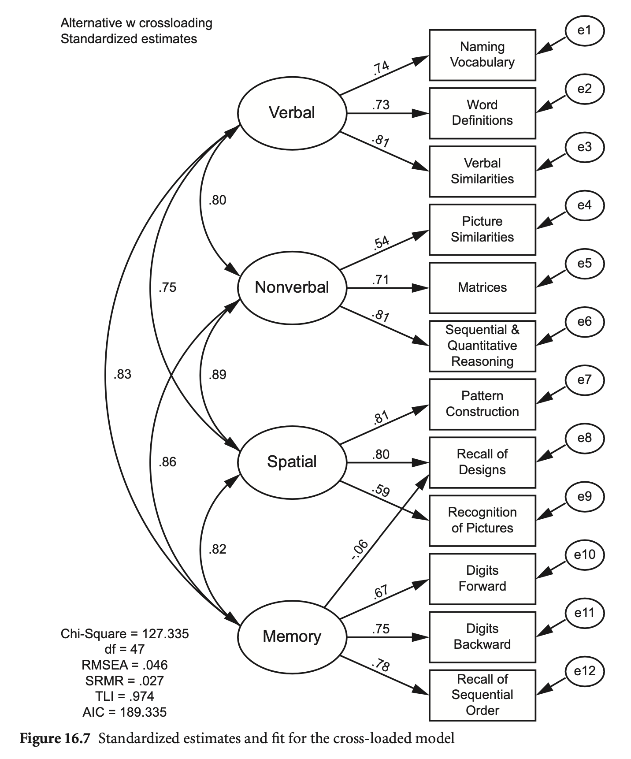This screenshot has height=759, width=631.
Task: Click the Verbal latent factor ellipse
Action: (x=292, y=113)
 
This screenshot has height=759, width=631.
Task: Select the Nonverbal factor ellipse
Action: (x=292, y=287)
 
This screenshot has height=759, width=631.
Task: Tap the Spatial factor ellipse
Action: (x=292, y=462)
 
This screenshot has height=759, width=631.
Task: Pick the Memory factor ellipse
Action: (x=292, y=636)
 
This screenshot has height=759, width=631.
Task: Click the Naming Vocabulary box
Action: (x=482, y=55)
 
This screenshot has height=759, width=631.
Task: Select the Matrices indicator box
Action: (x=482, y=287)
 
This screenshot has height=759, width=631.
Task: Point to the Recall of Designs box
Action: (x=482, y=462)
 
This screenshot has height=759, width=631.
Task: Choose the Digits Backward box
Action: (x=482, y=636)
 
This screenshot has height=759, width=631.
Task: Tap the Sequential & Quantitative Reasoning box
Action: (x=482, y=346)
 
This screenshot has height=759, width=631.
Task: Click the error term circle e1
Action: (x=584, y=30)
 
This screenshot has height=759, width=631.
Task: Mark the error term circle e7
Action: (x=584, y=379)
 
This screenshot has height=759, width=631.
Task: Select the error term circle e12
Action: (x=584, y=671)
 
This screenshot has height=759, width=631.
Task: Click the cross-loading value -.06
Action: (x=360, y=550)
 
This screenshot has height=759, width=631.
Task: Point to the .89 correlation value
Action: (x=218, y=375)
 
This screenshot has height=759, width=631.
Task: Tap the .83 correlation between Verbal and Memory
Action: (x=122, y=374)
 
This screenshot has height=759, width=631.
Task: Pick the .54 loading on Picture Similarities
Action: (x=381, y=243)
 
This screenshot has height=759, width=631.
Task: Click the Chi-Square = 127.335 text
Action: (x=125, y=634)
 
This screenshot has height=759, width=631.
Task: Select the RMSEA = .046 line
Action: (x=125, y=665)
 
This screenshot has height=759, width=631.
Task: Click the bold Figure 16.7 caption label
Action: (x=55, y=738)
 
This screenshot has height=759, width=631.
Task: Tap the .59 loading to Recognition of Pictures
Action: (x=381, y=491)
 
